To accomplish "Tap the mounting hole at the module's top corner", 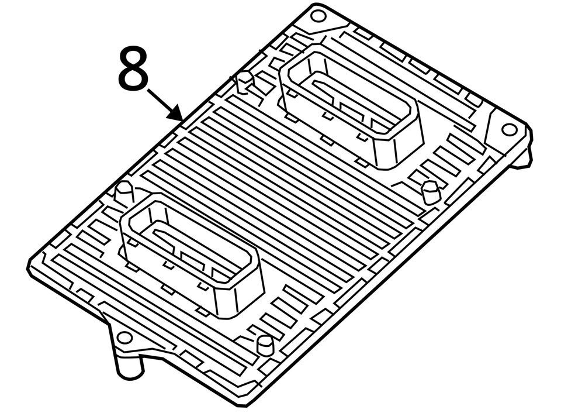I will [x=317, y=16].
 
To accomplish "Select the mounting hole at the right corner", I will [x=509, y=129].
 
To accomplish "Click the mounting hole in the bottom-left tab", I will [x=124, y=338].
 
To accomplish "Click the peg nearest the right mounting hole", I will [x=430, y=191].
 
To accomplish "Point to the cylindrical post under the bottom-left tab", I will [x=129, y=367].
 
